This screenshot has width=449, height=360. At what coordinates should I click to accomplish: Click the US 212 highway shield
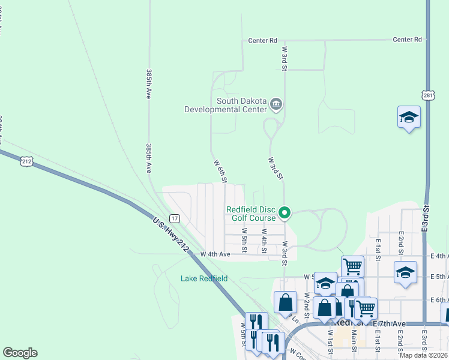click(26, 161)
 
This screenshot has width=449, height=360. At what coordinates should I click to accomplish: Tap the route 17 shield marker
click(173, 218)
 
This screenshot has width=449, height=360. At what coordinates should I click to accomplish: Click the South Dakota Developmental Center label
click(225, 106)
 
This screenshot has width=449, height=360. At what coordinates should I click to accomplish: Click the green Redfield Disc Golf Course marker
click(285, 212)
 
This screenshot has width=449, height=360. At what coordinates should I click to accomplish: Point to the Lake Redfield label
click(204, 278)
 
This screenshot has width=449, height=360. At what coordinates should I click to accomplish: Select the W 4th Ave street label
click(215, 254)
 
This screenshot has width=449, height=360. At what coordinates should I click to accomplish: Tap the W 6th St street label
click(220, 171)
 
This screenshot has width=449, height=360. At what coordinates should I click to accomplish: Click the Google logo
click(20, 353)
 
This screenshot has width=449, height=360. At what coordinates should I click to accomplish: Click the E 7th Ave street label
click(390, 324)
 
